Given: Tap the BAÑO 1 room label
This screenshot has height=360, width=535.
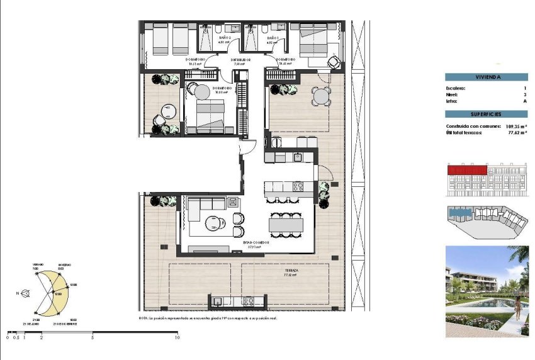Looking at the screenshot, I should click(273, 38).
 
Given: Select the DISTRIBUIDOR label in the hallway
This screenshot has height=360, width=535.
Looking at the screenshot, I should click(242, 60).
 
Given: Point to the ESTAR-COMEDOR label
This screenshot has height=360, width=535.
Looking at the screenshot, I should click(257, 242).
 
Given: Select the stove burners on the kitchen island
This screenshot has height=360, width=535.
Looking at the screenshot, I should click(297, 187).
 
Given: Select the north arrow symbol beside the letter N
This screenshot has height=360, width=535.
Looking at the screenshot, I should click(25, 293).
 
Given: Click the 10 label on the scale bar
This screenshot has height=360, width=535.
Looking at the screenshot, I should click(177, 338).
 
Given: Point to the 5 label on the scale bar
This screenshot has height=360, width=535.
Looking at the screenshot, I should click(93, 338).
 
